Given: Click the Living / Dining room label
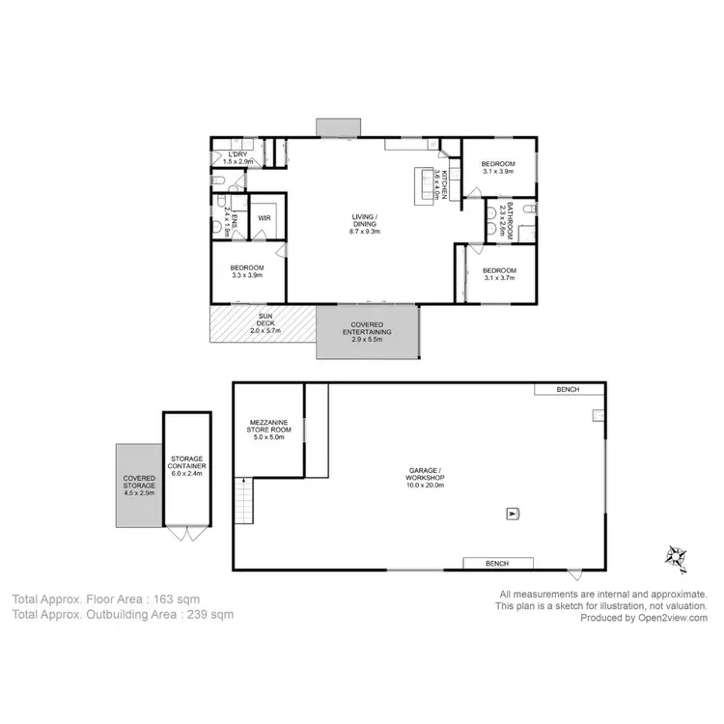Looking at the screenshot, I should tap(365, 223).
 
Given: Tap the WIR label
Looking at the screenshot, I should tap(265, 217).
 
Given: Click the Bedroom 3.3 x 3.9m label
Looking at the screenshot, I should tap(247, 271).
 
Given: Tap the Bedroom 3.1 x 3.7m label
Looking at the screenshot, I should tap(498, 273).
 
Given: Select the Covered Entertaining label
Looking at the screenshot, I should tap(367, 329).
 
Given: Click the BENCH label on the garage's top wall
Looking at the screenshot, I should tap(568, 390).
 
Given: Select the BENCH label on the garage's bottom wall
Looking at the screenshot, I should tap(496, 563).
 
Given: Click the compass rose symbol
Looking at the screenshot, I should tap(674, 556).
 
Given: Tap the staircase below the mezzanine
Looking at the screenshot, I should tap(245, 502).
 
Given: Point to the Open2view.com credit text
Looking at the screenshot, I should tap(671, 619).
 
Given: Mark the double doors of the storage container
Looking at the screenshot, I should tap(185, 533).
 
